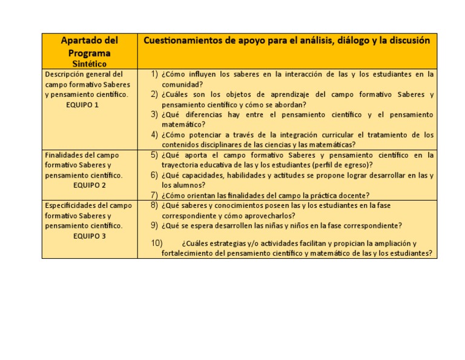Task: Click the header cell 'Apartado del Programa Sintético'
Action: (89, 51)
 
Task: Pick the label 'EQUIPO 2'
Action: (90, 185)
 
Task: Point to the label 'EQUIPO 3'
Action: (90, 236)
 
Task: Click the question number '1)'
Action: (154, 75)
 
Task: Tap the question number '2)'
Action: (154, 95)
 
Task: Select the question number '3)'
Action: (154, 115)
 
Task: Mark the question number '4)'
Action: (154, 135)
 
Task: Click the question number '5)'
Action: (154, 155)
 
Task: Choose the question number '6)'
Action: (154, 175)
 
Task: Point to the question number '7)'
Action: (154, 195)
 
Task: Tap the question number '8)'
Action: (154, 205)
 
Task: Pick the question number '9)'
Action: (154, 225)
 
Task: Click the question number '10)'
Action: (156, 244)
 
